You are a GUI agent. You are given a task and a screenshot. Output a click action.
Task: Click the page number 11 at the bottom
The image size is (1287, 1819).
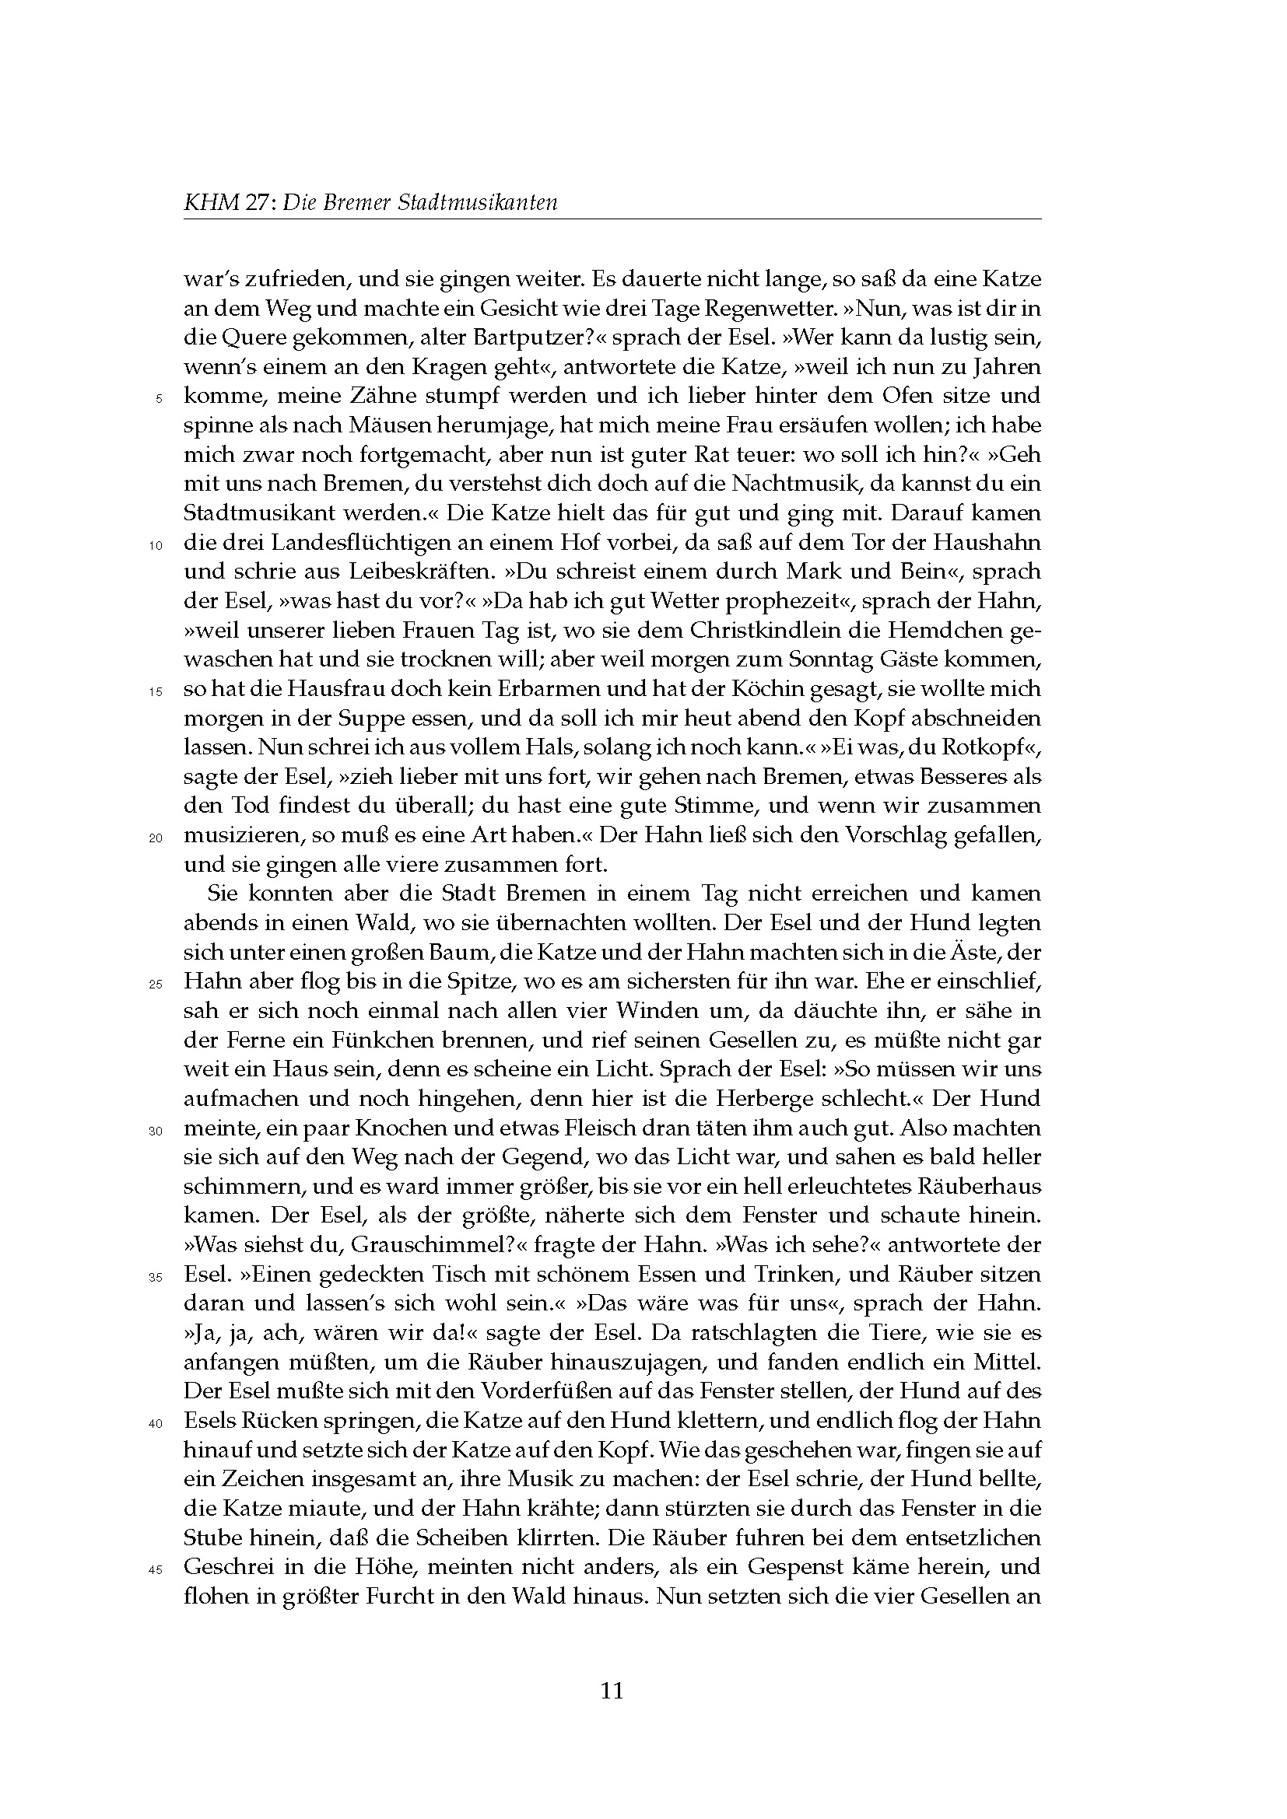[612, 1691]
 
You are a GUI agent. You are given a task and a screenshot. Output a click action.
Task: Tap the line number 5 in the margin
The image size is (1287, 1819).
[159, 398]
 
